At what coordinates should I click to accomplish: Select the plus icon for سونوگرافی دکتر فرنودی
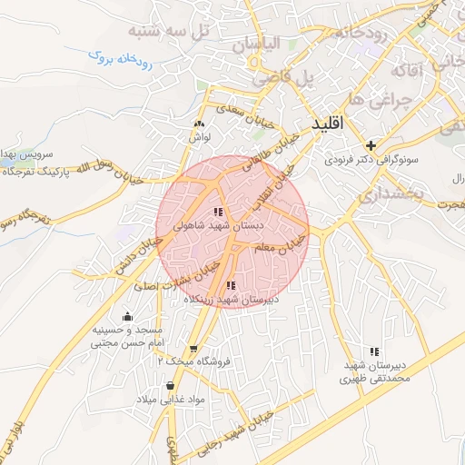click(370, 144)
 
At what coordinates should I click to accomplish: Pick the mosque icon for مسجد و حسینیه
click(126, 315)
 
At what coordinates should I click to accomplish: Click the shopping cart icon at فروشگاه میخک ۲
click(193, 349)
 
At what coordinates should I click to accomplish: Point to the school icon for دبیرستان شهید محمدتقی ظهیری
click(374, 351)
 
